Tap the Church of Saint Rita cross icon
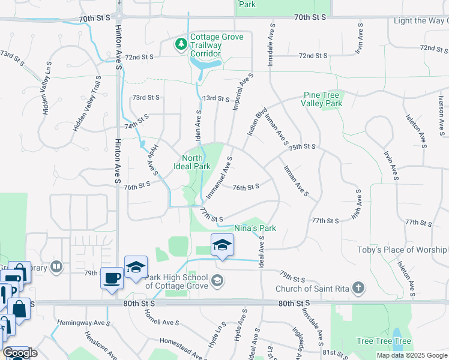coord(358,288)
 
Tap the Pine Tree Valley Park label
coord(322,99)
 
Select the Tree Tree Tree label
coord(384,341)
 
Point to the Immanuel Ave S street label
coord(219,178)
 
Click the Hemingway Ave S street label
coord(84,323)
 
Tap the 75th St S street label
coord(301,146)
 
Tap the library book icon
coord(56,266)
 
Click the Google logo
coord(20,353)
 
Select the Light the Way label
coord(421,21)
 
